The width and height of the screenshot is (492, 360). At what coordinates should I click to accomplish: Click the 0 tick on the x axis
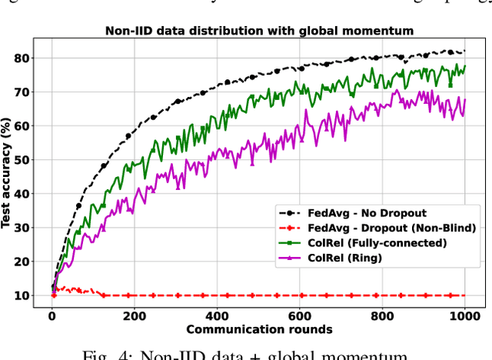[52, 315]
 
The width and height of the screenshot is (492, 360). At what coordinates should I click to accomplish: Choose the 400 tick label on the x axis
[216, 315]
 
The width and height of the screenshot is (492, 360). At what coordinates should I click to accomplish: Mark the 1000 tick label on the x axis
[464, 315]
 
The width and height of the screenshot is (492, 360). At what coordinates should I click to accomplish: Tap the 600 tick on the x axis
[299, 315]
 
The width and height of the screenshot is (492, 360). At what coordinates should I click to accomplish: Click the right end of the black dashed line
[464, 52]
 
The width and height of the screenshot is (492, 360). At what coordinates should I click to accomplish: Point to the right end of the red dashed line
[464, 295]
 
